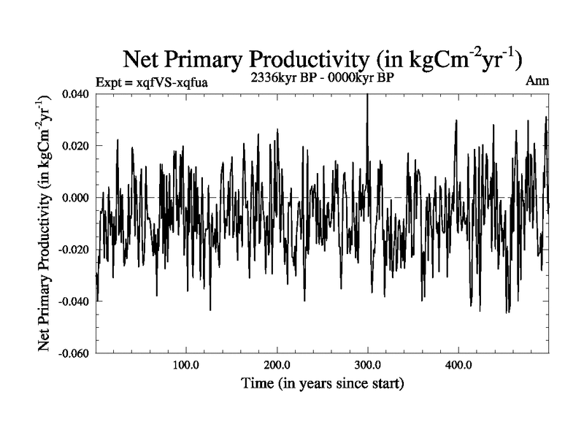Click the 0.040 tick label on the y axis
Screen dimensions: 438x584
pos(77,94)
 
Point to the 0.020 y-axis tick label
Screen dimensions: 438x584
pos(77,146)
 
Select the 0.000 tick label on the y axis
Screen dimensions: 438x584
pos(77,198)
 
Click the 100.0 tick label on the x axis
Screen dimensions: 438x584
pos(186,364)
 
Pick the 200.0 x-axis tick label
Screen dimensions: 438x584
pos(277,364)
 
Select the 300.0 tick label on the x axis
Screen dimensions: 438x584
pos(367,364)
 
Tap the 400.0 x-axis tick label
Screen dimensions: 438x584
pos(458,364)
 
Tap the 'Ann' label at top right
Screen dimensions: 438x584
pos(537,81)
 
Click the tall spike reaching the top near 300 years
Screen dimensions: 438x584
pos(367,109)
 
